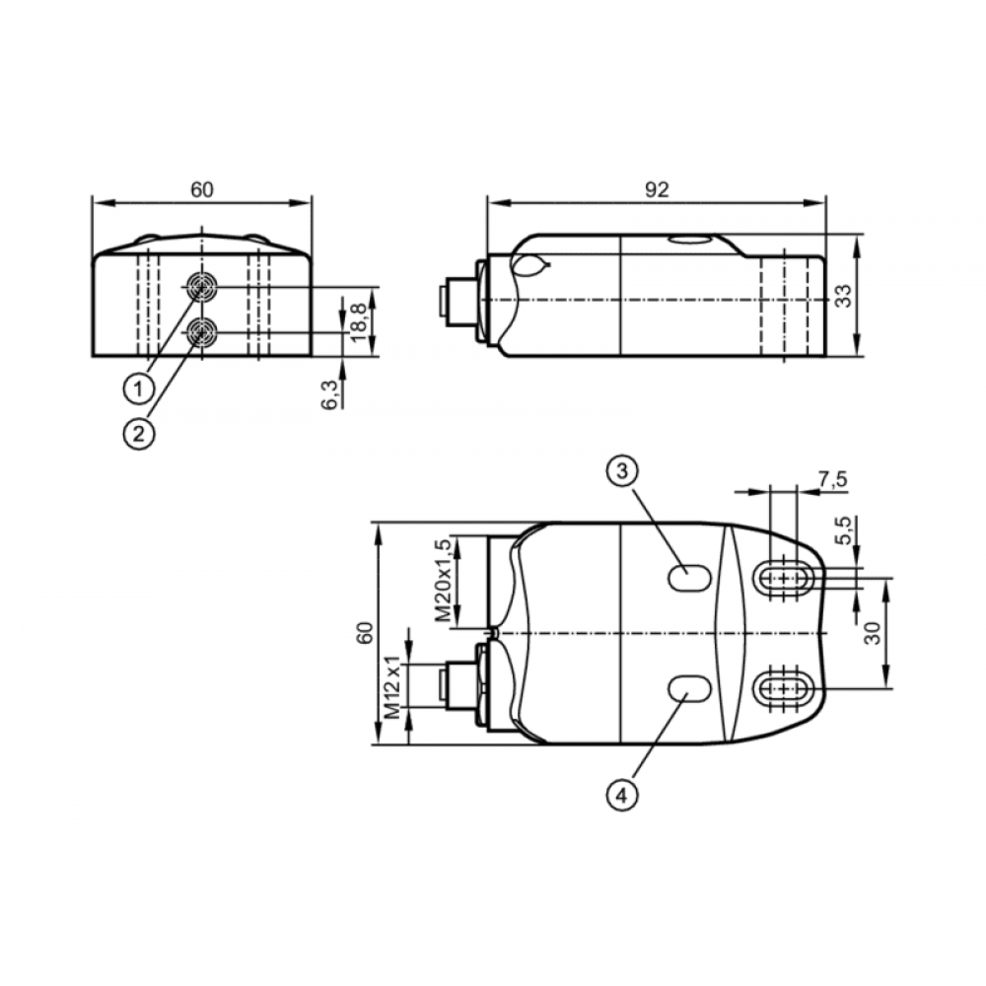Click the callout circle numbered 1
(138, 389)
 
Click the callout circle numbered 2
(138, 433)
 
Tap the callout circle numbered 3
(622, 470)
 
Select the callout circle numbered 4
(622, 796)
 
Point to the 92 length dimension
(657, 189)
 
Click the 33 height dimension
(843, 296)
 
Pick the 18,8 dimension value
(359, 322)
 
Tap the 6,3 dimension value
(329, 395)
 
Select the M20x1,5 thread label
(444, 580)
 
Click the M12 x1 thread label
(391, 686)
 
